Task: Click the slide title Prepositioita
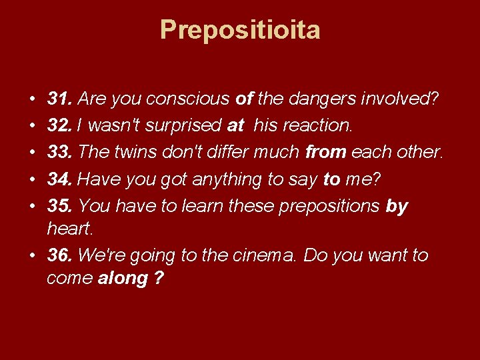240,30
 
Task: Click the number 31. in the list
60,100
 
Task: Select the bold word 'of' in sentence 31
244,100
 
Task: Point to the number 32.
60,126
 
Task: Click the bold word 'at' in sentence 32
235,126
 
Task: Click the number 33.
60,152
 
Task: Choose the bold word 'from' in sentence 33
325,152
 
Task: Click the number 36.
60,256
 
